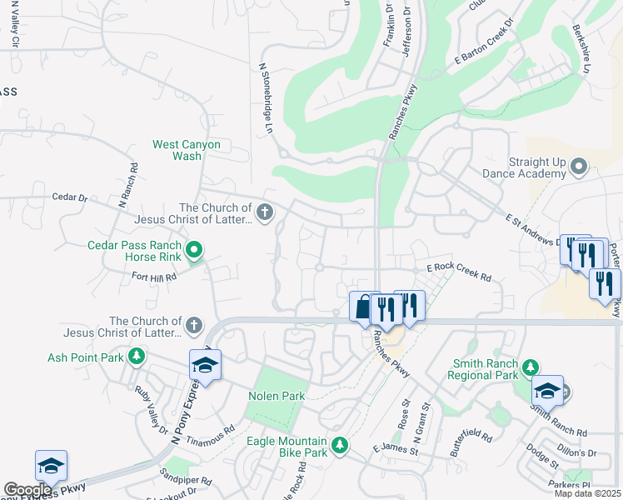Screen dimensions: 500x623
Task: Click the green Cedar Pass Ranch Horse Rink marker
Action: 194,249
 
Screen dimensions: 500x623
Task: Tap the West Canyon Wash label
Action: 187,150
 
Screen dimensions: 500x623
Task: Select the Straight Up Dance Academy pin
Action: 580,167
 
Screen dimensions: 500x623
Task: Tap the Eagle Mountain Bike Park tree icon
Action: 339,446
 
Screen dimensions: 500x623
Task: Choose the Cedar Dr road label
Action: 69,197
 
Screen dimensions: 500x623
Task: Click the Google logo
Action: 27,490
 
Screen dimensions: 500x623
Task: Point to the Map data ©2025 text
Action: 587,493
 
